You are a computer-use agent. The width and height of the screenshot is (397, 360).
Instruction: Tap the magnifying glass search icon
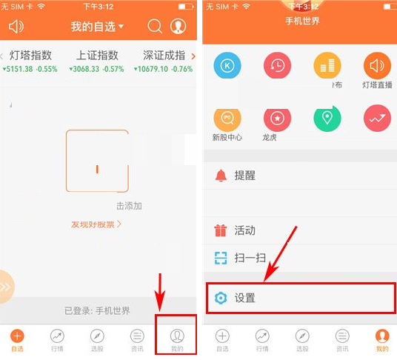[155, 27]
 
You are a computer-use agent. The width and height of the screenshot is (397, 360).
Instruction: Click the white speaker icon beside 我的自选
[16, 27]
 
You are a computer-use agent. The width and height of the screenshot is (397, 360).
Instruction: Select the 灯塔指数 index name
[30, 55]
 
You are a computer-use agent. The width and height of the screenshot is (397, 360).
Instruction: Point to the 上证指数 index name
[98, 55]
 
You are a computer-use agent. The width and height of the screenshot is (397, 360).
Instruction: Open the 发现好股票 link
[96, 223]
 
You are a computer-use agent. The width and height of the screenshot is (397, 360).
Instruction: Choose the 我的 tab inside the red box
[176, 339]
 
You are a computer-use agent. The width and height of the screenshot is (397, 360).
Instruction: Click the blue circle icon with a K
[228, 66]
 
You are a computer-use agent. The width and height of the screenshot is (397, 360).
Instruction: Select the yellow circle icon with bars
[327, 66]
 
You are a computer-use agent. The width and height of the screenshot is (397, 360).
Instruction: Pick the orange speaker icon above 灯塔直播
[377, 66]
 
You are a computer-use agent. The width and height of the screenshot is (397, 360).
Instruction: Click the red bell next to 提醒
[220, 176]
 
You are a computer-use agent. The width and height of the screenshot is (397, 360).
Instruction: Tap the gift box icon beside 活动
[220, 230]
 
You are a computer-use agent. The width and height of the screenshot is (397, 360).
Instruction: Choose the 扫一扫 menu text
[250, 258]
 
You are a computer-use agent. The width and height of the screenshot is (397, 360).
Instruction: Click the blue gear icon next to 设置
[220, 298]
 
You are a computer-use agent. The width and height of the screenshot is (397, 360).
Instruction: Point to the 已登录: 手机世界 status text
[97, 310]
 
